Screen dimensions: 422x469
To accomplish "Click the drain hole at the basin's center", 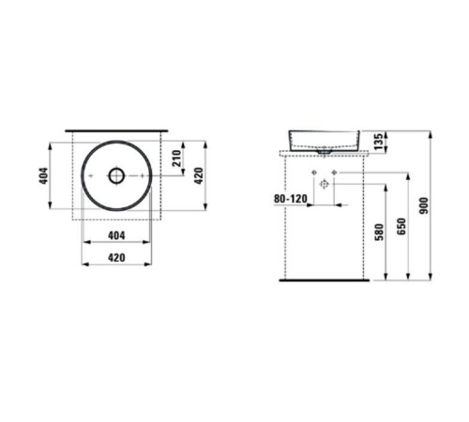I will (x=115, y=175).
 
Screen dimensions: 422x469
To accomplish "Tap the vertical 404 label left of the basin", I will (x=43, y=175).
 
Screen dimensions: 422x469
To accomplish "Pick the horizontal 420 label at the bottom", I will (x=115, y=256).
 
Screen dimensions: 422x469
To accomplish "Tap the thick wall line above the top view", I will (x=115, y=124).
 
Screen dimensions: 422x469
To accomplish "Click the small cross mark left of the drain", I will (x=88, y=175).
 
